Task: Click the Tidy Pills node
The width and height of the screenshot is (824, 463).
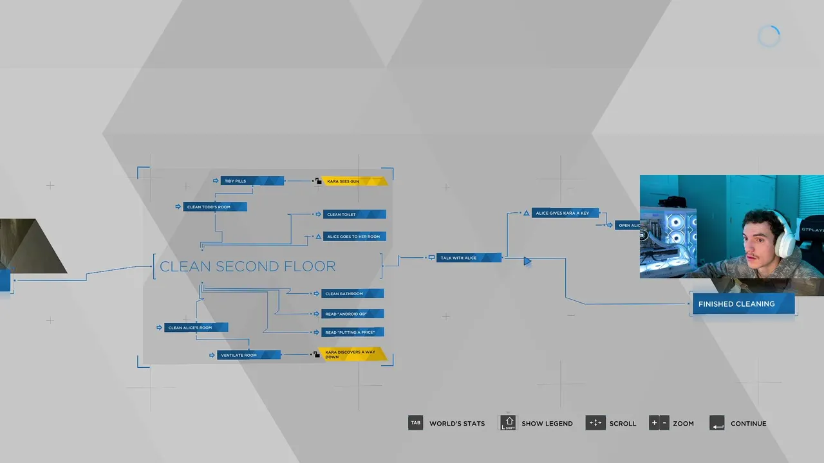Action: [252, 181]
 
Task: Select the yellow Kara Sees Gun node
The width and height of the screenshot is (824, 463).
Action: [354, 181]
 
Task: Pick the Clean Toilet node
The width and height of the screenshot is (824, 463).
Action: [355, 215]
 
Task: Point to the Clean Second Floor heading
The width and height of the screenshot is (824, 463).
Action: [247, 266]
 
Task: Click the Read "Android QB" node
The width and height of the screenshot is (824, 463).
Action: [353, 314]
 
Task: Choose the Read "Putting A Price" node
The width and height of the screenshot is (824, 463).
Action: [353, 332]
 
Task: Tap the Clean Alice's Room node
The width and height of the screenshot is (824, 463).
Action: [196, 328]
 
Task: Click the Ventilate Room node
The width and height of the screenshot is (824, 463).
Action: [248, 355]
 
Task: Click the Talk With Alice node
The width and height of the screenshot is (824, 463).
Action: [468, 258]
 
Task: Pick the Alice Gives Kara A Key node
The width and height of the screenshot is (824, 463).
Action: [565, 213]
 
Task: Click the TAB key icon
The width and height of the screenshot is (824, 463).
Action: [416, 423]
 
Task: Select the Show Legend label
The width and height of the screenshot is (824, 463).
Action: [547, 424]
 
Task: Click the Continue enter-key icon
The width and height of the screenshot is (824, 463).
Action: [717, 423]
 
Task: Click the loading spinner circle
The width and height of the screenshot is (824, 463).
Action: [769, 37]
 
